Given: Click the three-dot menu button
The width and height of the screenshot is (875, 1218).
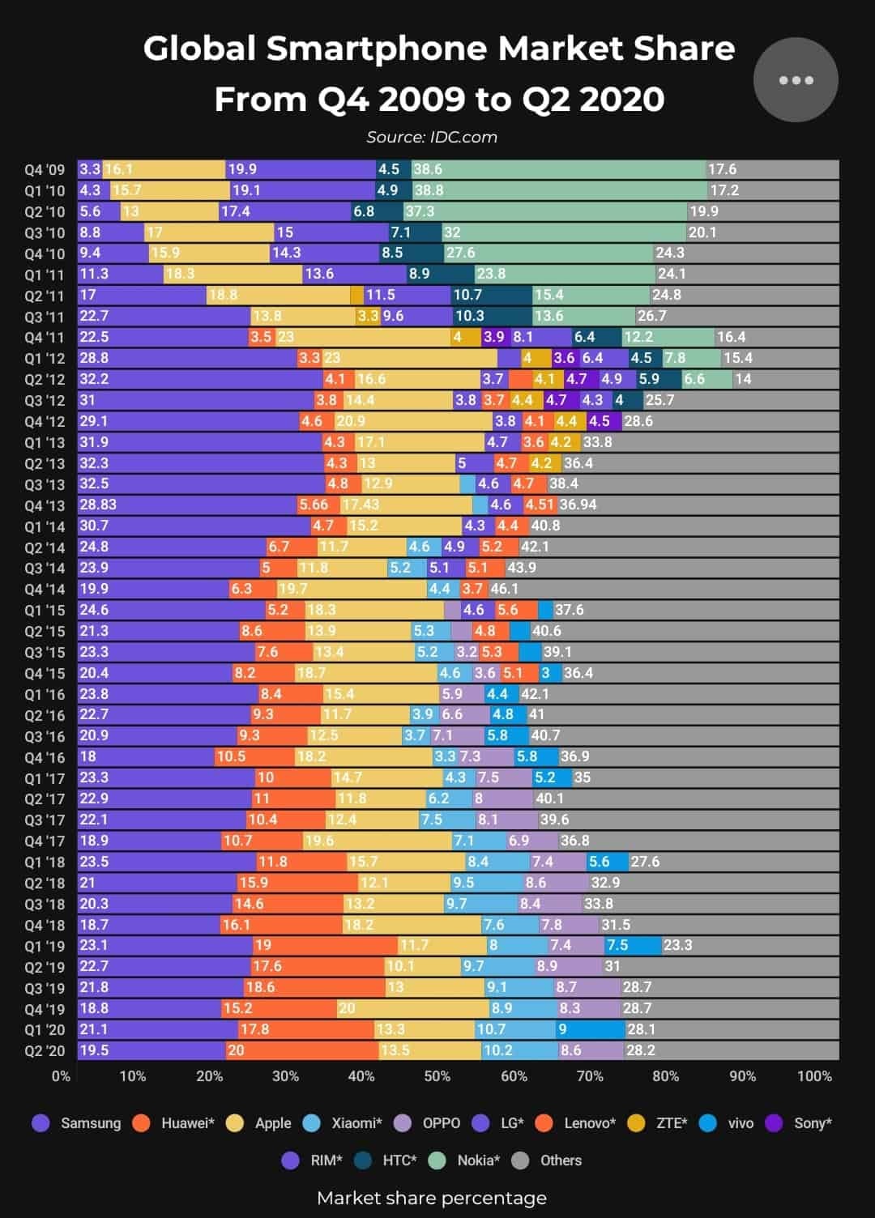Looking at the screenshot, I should coord(795,80).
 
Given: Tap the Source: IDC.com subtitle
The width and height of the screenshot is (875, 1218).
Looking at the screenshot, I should coord(432,137).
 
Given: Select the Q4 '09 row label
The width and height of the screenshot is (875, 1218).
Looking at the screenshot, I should coord(45,170).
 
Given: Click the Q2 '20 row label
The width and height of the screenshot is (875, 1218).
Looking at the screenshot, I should coord(45,1051).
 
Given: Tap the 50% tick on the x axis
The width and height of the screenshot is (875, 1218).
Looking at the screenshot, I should coord(437,1076).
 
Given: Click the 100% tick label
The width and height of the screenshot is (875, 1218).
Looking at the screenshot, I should coord(814,1076).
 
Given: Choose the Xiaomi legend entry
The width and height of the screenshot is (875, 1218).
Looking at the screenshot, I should coord(344,1123).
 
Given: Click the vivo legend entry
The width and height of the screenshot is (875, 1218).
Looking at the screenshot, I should coord(728,1123).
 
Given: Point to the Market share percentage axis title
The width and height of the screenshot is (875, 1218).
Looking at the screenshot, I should coord(432,1198).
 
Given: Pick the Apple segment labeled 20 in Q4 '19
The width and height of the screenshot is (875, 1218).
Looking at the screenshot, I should coord(413,1008).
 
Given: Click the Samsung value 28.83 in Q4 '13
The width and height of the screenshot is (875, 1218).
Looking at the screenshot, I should coord(98,505).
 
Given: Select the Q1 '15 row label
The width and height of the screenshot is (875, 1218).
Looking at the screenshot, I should coord(45,611).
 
